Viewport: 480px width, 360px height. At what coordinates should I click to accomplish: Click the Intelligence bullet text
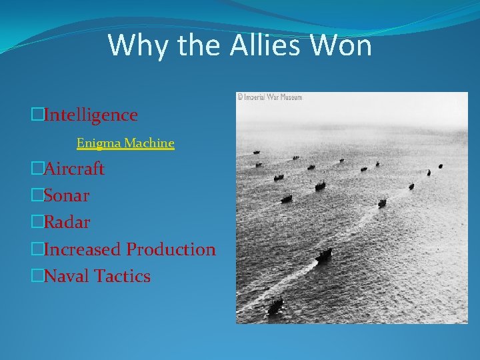pos(91,115)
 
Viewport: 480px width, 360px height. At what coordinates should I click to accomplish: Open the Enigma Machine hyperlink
pos(125,143)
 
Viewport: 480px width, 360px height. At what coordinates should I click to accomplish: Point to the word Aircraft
pos(74,169)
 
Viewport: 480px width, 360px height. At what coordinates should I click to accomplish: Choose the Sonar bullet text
pos(67,195)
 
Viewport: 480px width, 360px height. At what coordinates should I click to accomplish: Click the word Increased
pos(83,249)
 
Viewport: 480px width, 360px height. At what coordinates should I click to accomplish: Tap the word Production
pos(171,249)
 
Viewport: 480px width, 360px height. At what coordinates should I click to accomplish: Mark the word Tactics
pos(123,276)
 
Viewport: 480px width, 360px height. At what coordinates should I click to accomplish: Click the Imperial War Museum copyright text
pos(270,97)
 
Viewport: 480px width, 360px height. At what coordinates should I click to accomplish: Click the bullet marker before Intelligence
pos(37,115)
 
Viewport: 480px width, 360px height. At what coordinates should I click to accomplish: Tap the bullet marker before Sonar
pos(37,195)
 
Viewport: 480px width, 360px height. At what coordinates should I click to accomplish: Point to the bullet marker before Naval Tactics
pos(37,276)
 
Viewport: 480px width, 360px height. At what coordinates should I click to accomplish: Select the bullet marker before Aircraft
pos(37,169)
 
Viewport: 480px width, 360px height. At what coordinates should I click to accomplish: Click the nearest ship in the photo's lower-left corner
pos(275,306)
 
